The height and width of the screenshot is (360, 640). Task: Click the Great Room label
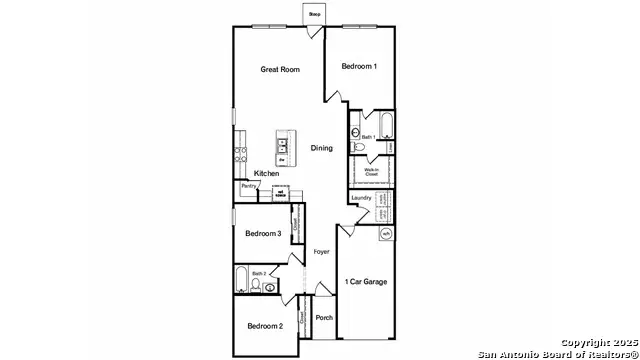pos(280,69)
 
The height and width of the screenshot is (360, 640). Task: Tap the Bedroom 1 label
pos(359,66)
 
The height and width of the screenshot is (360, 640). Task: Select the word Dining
pos(321,148)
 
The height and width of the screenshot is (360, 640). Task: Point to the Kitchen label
pos(266,174)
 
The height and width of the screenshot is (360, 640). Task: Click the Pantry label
pos(247,186)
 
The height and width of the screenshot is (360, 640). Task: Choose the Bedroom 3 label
pos(262,234)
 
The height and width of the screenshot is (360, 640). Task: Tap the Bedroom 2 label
pos(265,326)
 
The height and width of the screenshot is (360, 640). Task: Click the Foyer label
pos(321,252)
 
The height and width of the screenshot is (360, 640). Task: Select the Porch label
pos(323,318)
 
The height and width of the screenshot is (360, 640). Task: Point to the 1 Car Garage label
pos(366,281)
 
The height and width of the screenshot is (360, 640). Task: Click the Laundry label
pos(361,198)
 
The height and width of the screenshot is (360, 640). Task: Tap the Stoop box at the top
pos(314,15)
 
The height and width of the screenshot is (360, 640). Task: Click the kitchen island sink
pos(284,144)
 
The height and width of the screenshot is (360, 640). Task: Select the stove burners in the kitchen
pos(240,154)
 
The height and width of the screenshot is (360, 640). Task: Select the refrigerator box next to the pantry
pos(281,193)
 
